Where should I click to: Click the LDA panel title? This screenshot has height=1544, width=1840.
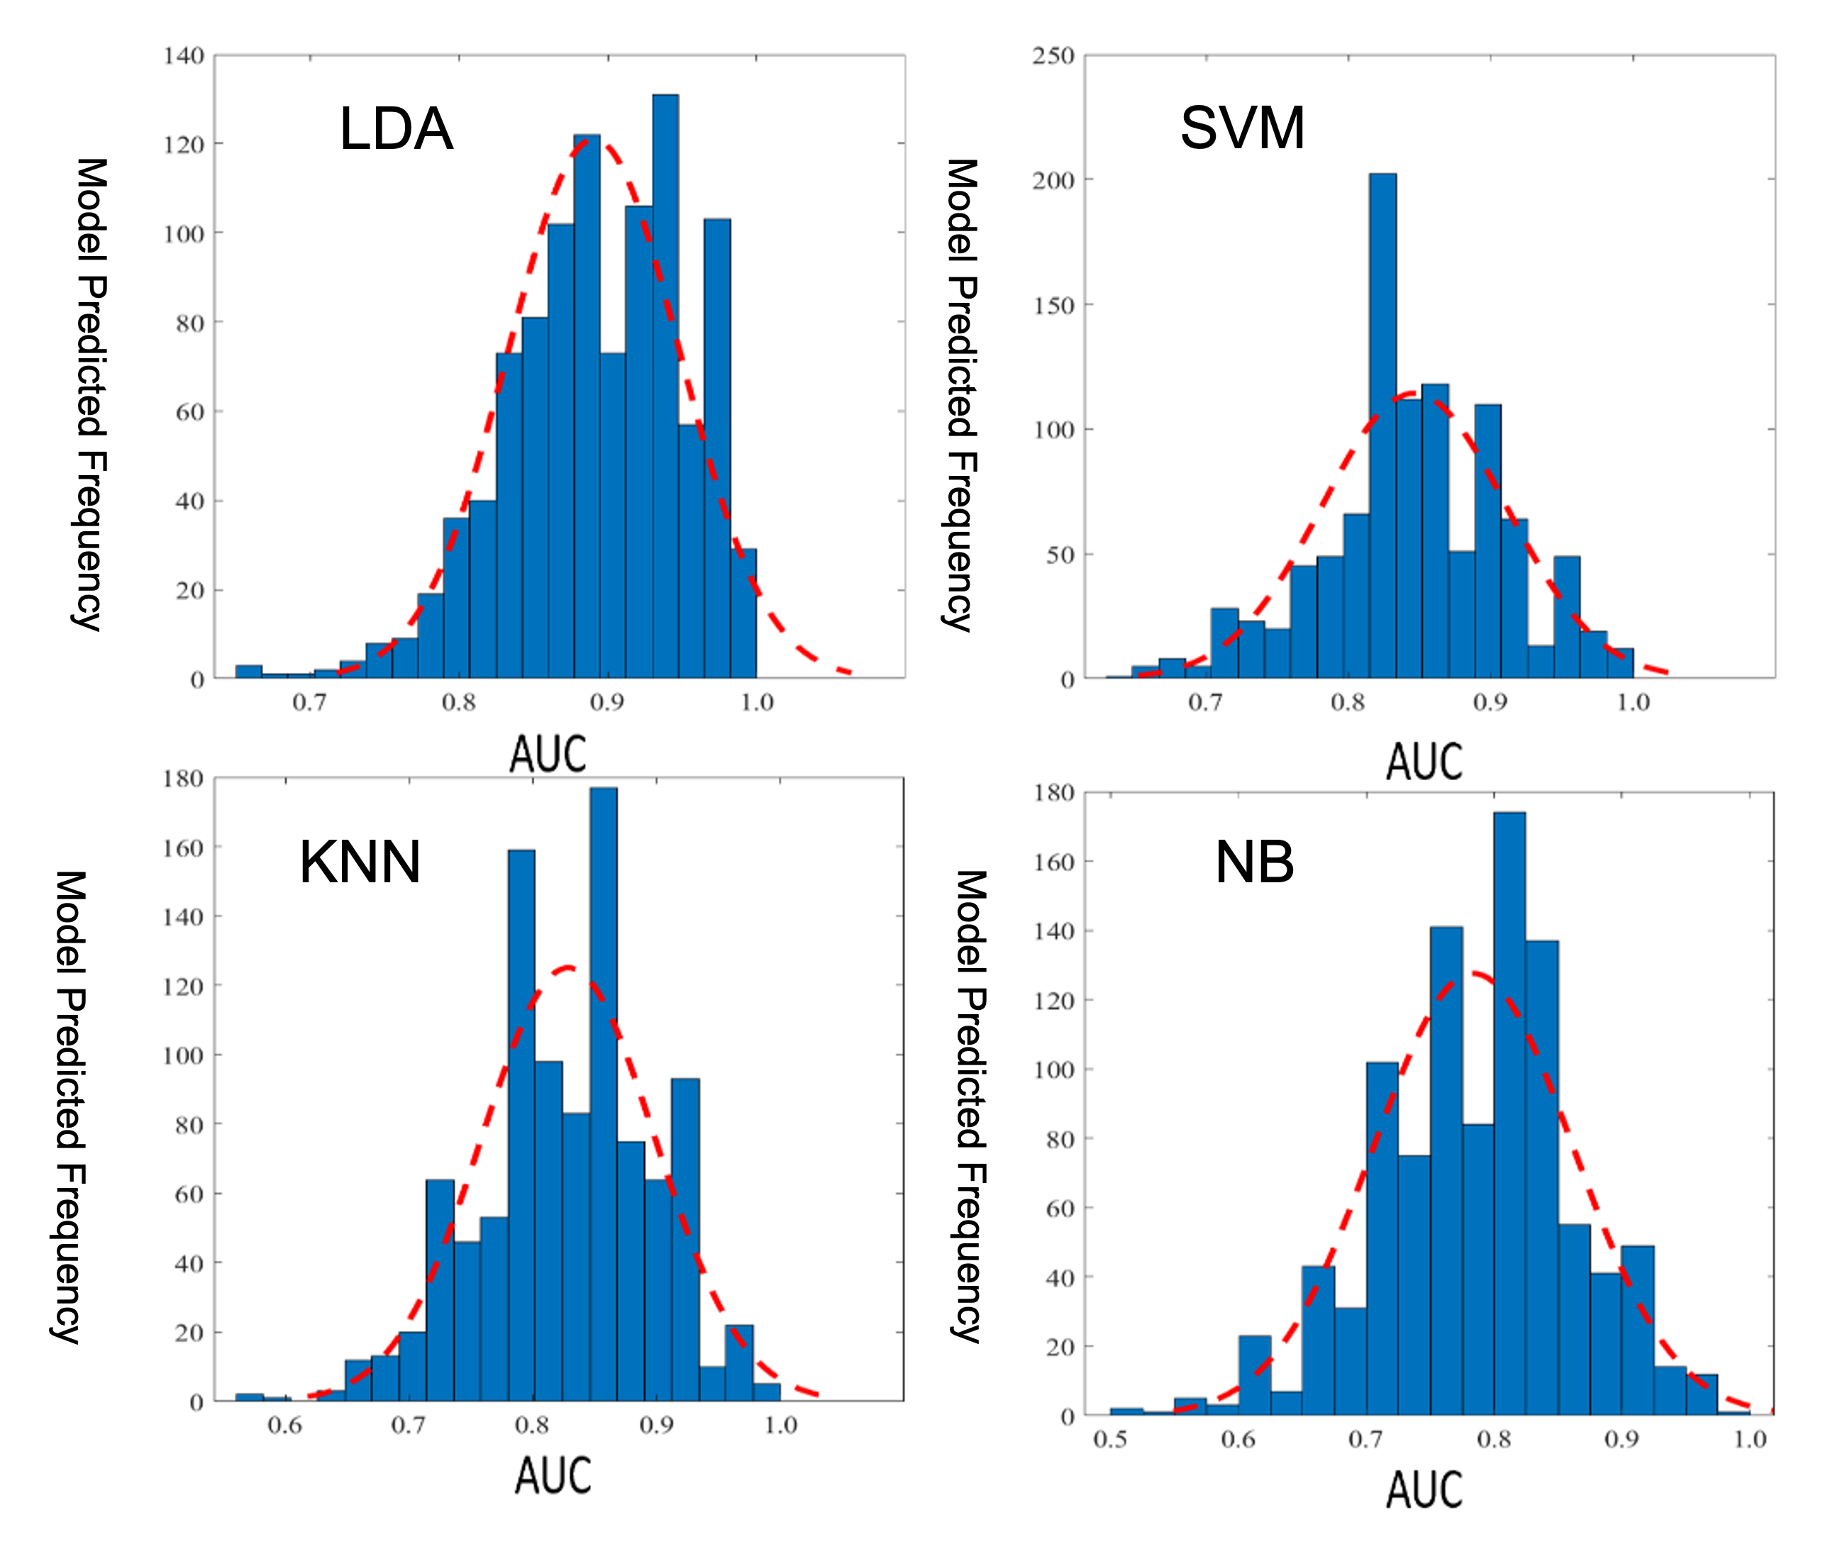pos(396,129)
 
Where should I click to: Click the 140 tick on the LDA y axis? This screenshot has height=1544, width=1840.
pos(183,56)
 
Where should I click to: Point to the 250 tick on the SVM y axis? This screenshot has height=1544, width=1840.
pos(1053,56)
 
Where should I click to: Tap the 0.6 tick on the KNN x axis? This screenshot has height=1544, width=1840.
pos(284,1426)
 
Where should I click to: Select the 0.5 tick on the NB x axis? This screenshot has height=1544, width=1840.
pos(1110,1440)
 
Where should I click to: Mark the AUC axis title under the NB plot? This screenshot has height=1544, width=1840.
pos(1424,1489)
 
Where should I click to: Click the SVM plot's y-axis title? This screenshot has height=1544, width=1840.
pos(960,394)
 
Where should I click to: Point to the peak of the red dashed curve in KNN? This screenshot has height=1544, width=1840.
pos(567,968)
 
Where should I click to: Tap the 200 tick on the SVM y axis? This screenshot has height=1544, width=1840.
pos(1053,181)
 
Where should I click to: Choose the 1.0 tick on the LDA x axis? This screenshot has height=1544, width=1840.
pos(757,703)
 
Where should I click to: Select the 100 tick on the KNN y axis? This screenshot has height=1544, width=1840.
pos(183,1056)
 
